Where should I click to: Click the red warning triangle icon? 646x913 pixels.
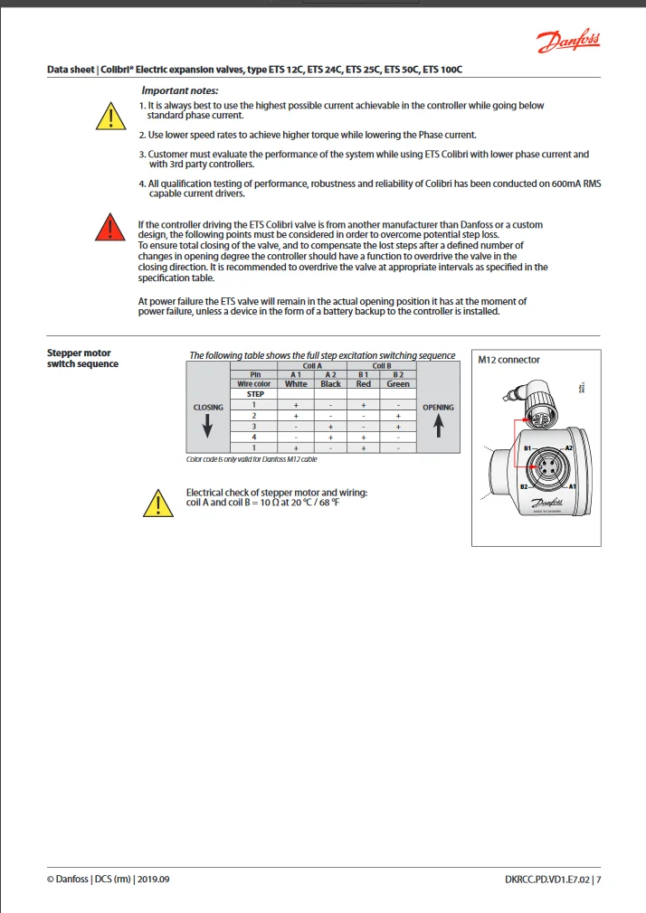coord(109,228)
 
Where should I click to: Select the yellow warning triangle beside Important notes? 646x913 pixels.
coord(109,117)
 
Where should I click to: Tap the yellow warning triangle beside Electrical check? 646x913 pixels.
coord(157,503)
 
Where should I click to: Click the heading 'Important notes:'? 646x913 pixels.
coord(179,90)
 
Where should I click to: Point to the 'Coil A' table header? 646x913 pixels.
coord(312,365)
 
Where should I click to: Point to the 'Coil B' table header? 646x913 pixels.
coord(381,365)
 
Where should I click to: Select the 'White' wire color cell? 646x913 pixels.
coord(296,384)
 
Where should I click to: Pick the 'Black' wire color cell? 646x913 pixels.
coord(331,384)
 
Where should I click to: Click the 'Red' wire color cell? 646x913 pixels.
coord(363,384)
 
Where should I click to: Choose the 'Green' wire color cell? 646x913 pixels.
coord(398,384)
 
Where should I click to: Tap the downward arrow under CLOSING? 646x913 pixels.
coord(208,427)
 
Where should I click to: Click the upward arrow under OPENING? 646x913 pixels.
coord(439,426)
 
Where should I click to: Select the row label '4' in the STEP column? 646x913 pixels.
coord(254,438)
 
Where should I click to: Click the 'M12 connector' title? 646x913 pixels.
coord(509,360)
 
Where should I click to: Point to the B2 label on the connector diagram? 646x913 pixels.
coord(524,486)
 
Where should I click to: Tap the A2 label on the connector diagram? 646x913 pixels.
coord(568,448)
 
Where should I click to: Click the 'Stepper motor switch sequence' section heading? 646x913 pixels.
coord(82,359)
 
